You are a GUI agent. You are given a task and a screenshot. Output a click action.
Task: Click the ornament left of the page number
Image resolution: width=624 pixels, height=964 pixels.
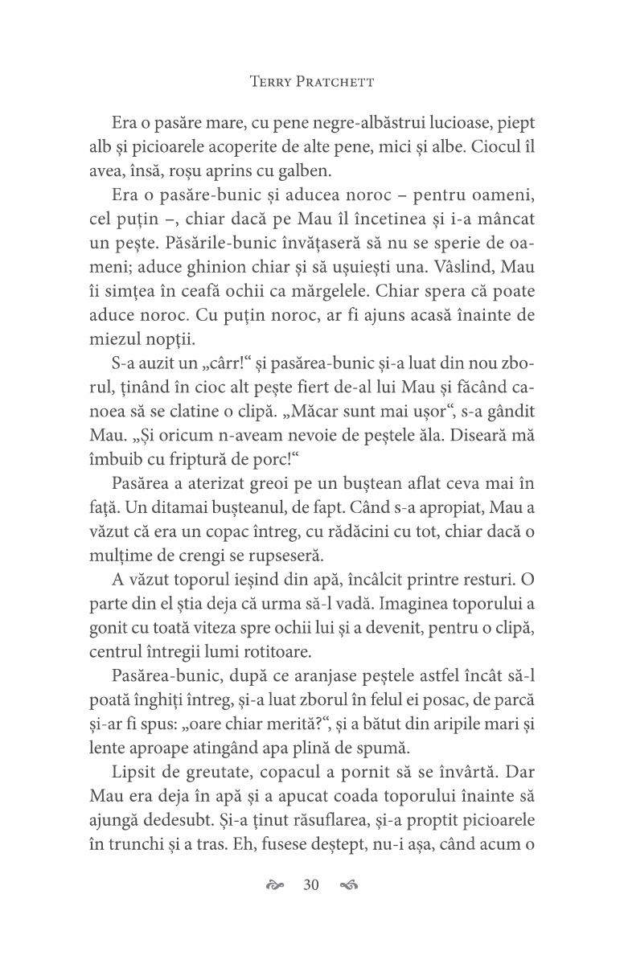[275, 886]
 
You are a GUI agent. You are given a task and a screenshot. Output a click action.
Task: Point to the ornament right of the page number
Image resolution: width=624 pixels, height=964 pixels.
[349, 886]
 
